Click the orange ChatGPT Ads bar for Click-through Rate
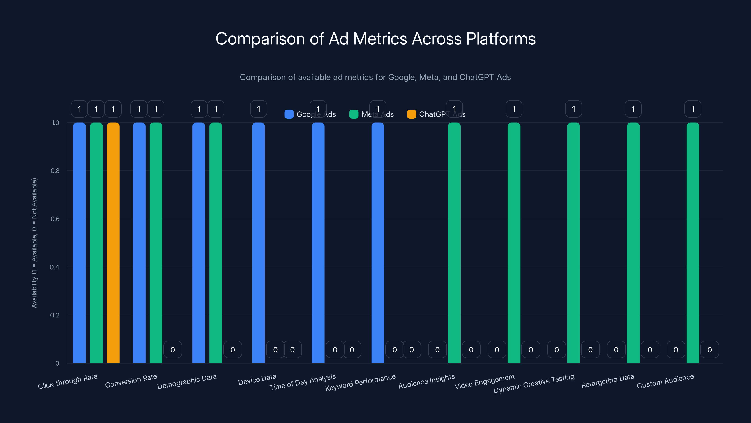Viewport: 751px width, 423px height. (113, 242)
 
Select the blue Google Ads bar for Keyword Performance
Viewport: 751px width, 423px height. (378, 242)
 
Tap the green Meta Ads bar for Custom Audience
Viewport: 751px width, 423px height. (693, 242)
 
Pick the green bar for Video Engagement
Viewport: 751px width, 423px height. (514, 242)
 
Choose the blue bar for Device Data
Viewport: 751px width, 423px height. (258, 242)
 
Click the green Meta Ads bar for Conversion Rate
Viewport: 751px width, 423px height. (156, 242)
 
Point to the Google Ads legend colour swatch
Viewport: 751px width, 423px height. (289, 114)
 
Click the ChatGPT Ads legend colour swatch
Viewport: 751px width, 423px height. (411, 114)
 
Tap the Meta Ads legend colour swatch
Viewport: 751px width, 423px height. (354, 114)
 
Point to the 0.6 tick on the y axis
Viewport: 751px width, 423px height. (55, 219)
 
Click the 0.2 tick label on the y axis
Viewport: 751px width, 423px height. (55, 315)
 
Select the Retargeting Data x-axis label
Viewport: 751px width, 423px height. (608, 381)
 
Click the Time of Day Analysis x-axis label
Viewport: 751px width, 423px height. (303, 382)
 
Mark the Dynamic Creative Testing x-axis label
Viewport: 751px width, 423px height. (534, 383)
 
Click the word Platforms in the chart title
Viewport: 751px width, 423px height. (501, 39)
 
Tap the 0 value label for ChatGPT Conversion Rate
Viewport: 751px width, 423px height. (172, 349)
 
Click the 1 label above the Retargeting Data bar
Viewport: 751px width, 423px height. (633, 109)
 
